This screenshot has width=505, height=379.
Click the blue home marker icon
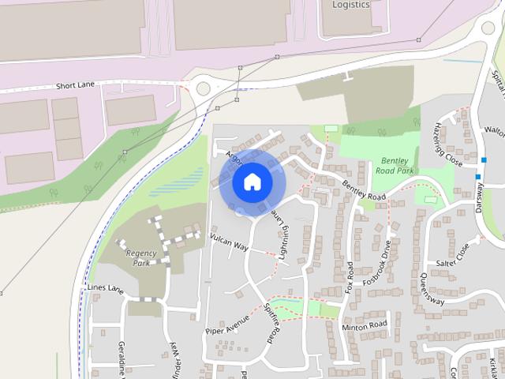[x=252, y=182]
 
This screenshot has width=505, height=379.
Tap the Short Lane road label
[x=74, y=85]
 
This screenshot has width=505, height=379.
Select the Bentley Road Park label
[x=395, y=164]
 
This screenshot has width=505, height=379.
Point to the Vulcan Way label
[x=229, y=242]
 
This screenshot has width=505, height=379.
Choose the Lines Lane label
[x=106, y=288]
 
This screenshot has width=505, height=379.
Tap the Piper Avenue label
[x=226, y=323]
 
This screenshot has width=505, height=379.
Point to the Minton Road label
[x=364, y=325]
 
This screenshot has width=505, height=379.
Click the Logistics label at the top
[x=350, y=5]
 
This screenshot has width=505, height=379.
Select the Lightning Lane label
[x=282, y=230]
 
